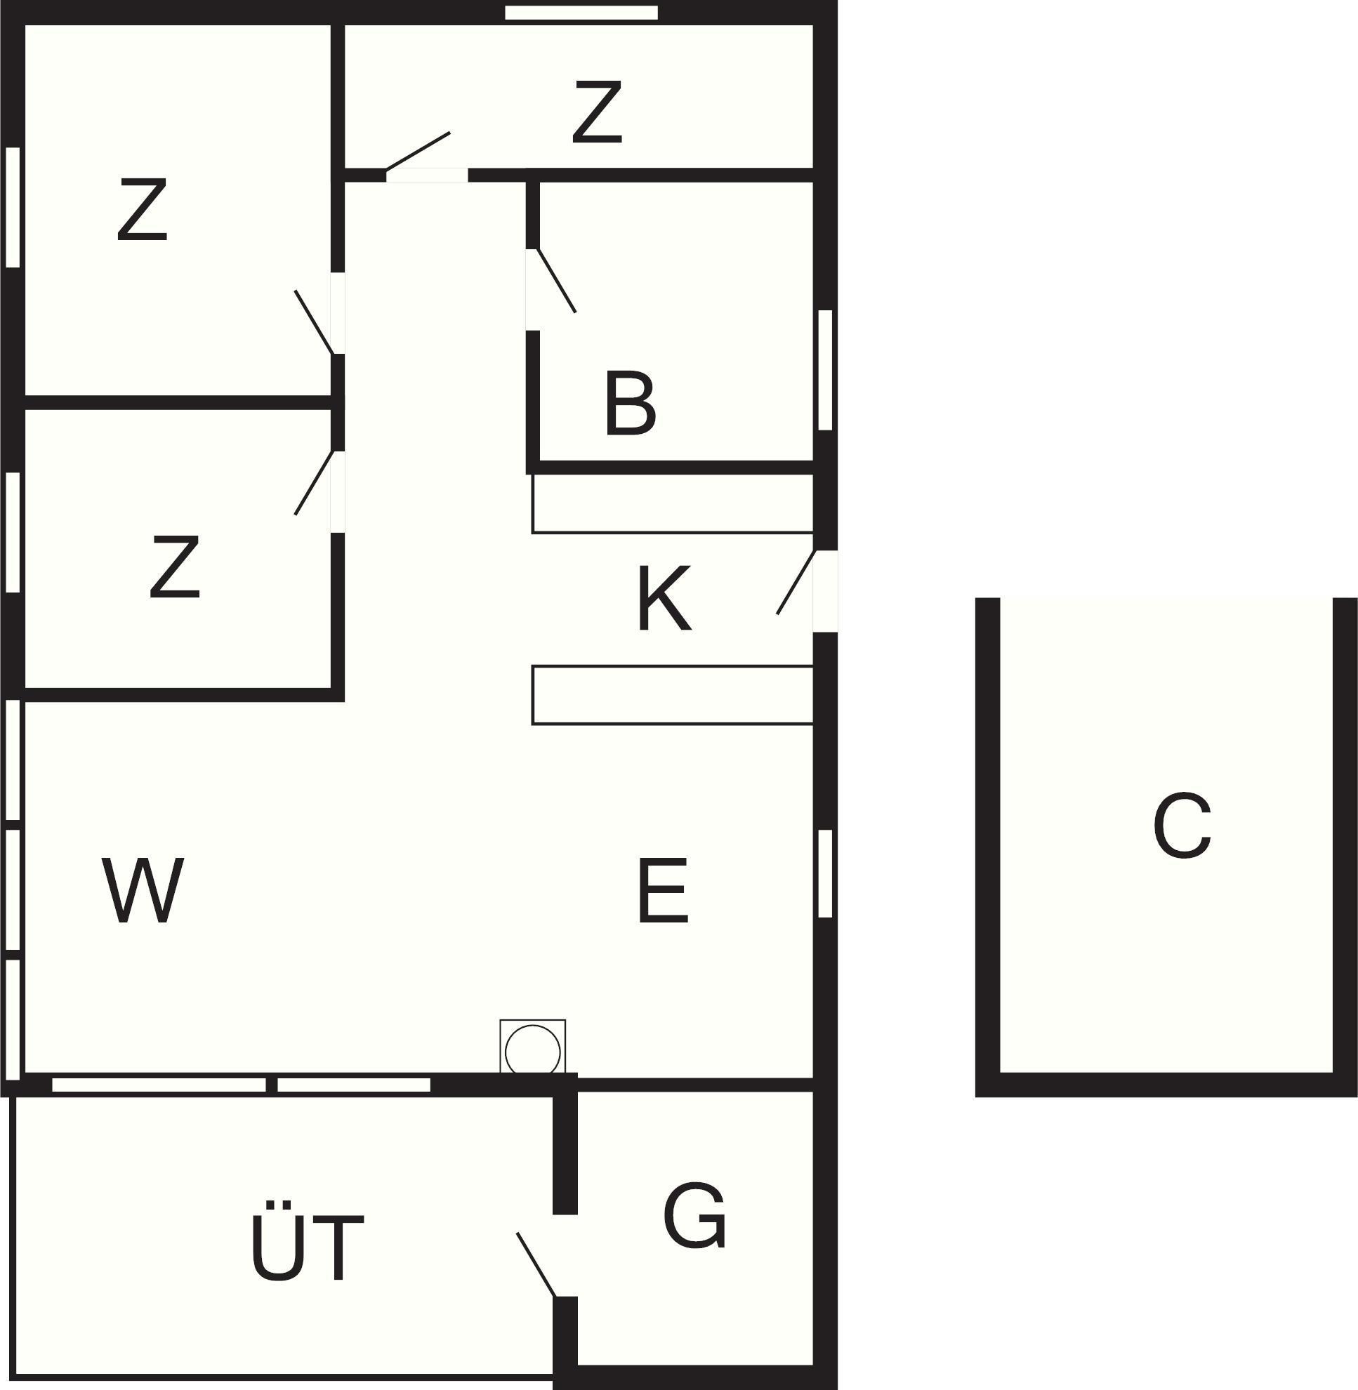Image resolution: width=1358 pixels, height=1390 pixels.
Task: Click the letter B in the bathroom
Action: pos(630,403)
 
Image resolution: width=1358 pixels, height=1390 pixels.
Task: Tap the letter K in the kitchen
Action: pos(664,597)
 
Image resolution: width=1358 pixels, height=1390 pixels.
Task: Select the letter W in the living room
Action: pos(143,890)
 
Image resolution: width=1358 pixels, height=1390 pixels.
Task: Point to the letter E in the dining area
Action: pos(663,891)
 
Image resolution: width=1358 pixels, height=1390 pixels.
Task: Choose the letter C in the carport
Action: pos(1182,825)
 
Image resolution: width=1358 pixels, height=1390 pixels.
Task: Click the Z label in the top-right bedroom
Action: pos(597,111)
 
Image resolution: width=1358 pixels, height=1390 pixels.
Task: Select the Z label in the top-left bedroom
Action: pos(142,209)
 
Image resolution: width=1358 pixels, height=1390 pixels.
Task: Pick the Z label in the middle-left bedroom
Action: pos(175,567)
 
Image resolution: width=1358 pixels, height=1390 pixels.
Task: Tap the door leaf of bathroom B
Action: pos(555,280)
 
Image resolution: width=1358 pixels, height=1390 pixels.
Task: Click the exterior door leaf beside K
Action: pos(796,582)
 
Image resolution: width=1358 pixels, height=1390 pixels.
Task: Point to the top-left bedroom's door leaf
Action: pos(315,322)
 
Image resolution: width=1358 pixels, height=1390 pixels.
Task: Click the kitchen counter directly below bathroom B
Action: pos(673,503)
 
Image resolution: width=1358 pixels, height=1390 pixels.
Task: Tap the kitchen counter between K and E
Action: pos(673,696)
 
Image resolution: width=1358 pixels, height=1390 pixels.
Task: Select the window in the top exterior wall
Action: pos(581,13)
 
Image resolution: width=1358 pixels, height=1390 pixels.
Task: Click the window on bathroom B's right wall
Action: pos(825,370)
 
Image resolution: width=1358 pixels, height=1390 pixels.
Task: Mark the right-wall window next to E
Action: pos(825,873)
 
